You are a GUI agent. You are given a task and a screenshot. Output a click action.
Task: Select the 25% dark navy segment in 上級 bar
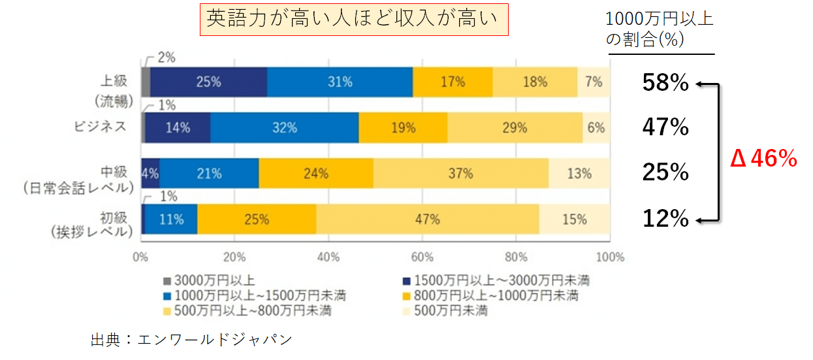pos(208,82)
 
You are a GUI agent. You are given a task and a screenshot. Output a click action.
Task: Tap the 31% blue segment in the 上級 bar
pos(340,82)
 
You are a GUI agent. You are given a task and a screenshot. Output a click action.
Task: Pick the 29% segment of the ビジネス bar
pos(515,128)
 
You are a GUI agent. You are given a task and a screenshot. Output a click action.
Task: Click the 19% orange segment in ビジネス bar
pos(402,128)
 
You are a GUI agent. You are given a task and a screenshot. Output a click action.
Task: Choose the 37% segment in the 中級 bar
pos(460,174)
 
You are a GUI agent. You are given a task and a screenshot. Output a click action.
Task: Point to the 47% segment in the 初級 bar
pos(428,220)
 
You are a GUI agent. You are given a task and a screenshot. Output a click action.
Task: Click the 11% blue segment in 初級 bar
pos(171,220)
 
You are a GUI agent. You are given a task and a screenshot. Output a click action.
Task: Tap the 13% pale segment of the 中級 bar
pos(579,174)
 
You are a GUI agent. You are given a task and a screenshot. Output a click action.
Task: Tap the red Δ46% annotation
pos(763,159)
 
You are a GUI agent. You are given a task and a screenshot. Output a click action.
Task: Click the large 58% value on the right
pos(665,83)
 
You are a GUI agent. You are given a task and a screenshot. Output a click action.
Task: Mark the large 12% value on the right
pos(665,220)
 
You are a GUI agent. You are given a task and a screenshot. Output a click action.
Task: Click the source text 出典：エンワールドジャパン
pos(191,340)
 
